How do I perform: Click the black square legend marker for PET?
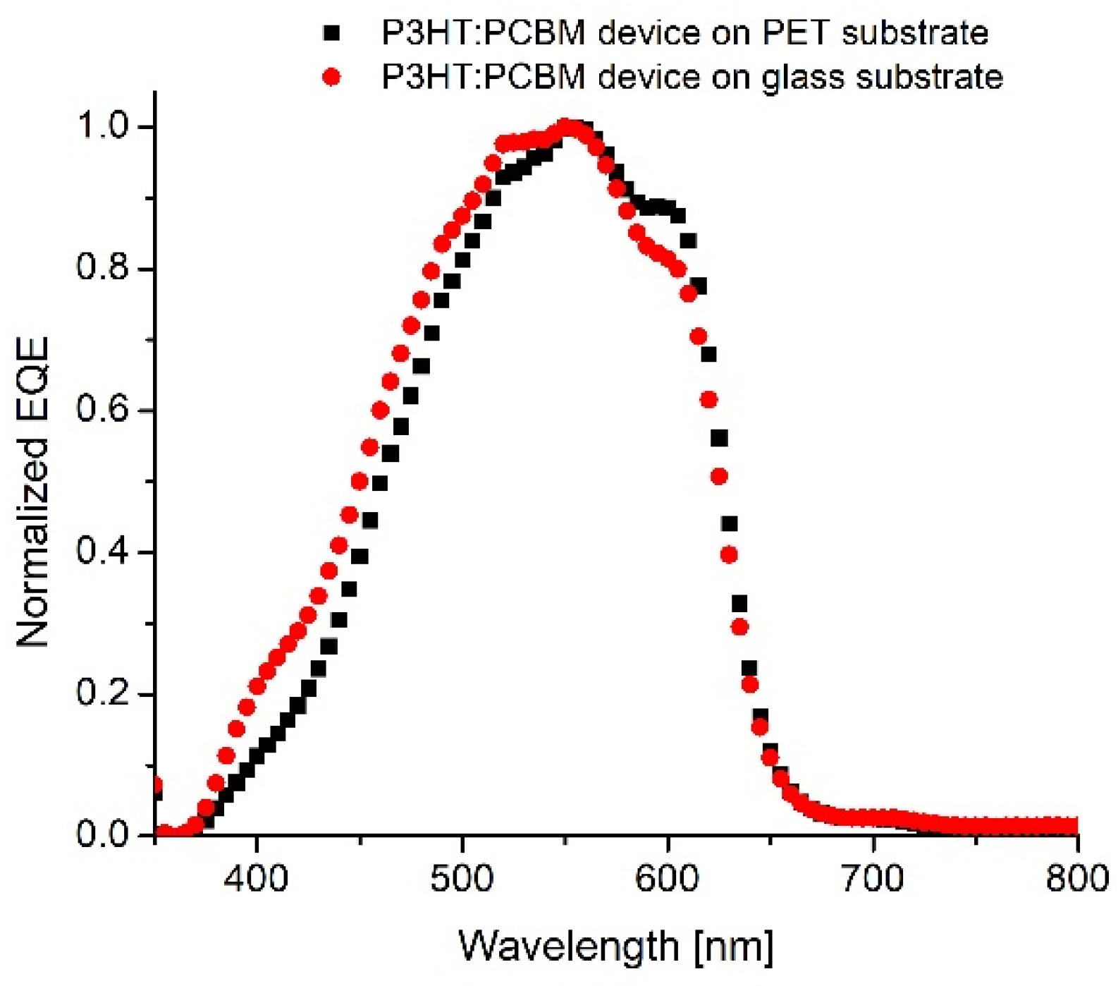[331, 32]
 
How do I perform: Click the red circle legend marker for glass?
[331, 76]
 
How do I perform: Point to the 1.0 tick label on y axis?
[103, 126]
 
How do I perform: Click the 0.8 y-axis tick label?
[103, 269]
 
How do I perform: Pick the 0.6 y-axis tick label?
[103, 410]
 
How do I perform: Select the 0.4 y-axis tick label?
[103, 552]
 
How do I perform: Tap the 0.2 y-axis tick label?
[103, 694]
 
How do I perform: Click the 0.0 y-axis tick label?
[103, 835]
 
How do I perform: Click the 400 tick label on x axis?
[257, 879]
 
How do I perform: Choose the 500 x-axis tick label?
[462, 879]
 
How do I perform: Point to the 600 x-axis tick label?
[667, 879]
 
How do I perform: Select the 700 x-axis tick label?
[873, 879]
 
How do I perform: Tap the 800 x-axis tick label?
[1076, 879]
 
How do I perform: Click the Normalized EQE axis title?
[33, 492]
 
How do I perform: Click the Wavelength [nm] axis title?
[616, 947]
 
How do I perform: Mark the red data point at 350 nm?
[156, 786]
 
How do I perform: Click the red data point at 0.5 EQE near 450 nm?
[360, 482]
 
